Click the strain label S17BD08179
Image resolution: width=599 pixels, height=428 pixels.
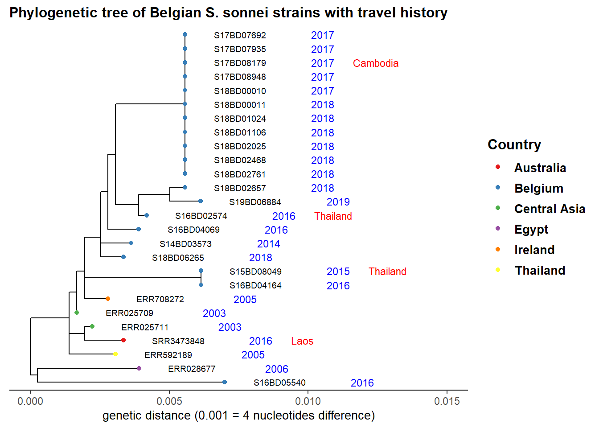(240, 63)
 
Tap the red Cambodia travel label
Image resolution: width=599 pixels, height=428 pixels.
(375, 63)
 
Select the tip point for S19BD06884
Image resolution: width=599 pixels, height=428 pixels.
(201, 201)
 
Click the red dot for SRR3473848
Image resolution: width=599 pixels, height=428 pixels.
(123, 340)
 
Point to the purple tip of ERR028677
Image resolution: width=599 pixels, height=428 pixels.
(139, 368)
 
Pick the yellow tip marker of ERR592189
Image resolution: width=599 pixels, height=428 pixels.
(115, 354)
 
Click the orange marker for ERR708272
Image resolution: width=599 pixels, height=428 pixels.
(108, 299)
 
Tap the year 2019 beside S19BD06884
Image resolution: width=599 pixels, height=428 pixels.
(338, 202)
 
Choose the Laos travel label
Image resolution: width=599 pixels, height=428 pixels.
(302, 341)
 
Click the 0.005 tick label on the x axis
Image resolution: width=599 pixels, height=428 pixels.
(169, 401)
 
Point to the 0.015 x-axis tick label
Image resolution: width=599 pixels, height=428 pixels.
(447, 401)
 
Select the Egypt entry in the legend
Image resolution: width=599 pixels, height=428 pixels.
(531, 230)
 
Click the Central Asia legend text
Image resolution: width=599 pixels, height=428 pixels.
(550, 209)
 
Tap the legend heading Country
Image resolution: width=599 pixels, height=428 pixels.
(514, 145)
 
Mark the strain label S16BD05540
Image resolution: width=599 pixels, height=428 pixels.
(279, 383)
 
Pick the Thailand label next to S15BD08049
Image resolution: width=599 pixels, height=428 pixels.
(387, 272)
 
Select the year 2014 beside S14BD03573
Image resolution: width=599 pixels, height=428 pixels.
(268, 244)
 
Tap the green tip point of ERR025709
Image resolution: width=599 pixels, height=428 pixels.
(77, 313)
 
